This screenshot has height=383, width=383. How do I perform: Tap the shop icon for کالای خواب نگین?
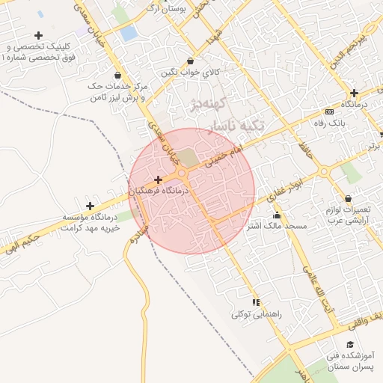(190, 61)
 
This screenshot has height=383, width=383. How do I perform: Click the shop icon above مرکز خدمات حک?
(118, 75)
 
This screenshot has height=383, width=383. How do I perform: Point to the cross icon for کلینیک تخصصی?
(38, 35)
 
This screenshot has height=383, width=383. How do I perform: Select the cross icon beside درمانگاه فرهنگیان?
(158, 180)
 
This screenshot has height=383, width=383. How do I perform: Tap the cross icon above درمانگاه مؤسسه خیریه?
(91, 206)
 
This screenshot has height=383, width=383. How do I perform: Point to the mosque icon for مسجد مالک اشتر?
(277, 215)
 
